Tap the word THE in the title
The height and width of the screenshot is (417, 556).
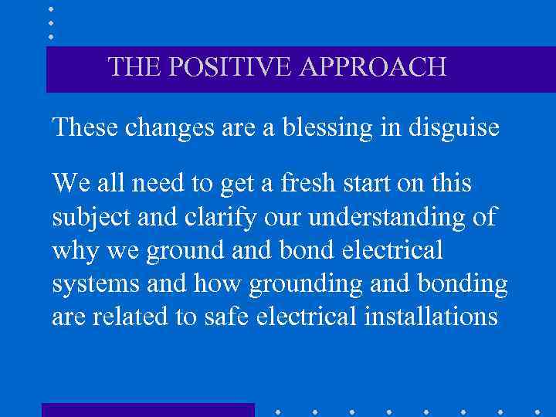pos(134,67)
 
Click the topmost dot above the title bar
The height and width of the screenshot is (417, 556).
pos(51,8)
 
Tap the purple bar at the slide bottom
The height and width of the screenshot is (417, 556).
pos(147,409)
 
